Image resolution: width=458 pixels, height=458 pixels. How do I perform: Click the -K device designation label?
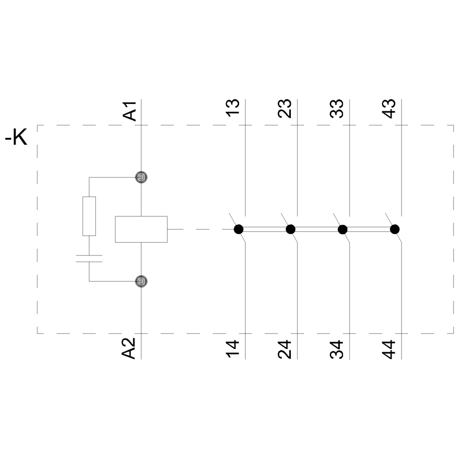click(16, 137)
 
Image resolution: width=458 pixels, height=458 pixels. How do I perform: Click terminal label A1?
click(130, 110)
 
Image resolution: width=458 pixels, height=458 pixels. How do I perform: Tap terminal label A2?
click(130, 348)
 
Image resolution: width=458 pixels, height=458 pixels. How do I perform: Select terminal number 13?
click(234, 109)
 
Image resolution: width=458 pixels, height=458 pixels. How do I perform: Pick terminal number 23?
click(285, 109)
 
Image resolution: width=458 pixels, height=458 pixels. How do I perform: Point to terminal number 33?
click(337, 109)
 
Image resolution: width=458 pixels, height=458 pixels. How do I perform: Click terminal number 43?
click(389, 109)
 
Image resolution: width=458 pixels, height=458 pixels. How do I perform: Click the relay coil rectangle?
click(141, 229)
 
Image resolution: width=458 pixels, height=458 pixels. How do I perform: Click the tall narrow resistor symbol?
click(89, 216)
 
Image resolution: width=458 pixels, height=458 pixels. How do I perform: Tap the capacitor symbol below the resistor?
click(89, 258)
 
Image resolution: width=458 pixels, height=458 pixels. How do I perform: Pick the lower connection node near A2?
click(142, 281)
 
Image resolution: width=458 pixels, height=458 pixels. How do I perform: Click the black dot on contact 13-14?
click(238, 229)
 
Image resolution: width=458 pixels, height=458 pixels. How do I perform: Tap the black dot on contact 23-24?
click(290, 229)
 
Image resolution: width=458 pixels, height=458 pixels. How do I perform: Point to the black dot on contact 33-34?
click(342, 229)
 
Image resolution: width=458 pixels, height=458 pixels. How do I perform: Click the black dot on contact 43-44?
click(394, 229)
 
